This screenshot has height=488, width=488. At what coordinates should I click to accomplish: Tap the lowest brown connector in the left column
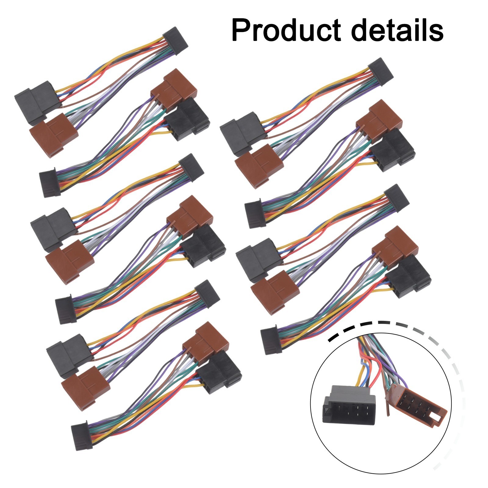click(85, 387)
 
